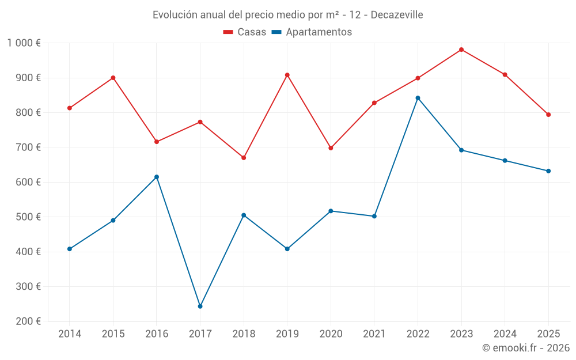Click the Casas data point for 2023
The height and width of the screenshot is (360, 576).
pos(461,50)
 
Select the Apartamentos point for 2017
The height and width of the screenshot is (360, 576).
pos(200,306)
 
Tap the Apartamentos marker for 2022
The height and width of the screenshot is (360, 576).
pos(418,98)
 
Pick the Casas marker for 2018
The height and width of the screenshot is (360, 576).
pos(244,158)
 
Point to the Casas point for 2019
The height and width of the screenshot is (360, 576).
pos(287,75)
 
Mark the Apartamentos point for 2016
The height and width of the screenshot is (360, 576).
pos(157,177)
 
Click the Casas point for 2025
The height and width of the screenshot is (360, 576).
pos(548,115)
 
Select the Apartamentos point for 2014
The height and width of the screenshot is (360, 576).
pos(70,249)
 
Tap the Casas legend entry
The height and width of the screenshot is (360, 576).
pos(245,32)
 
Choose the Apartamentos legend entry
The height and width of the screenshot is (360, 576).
pos(312,32)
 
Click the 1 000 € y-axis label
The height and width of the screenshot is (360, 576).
pos(24,43)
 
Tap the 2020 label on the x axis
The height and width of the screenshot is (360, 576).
pos(331,334)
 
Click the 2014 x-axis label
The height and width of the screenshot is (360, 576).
pos(70,334)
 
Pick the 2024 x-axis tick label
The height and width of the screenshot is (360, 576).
pos(505,334)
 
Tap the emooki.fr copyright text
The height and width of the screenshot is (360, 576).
pos(526,348)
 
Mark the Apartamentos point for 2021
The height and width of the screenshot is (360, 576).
pos(374,216)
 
